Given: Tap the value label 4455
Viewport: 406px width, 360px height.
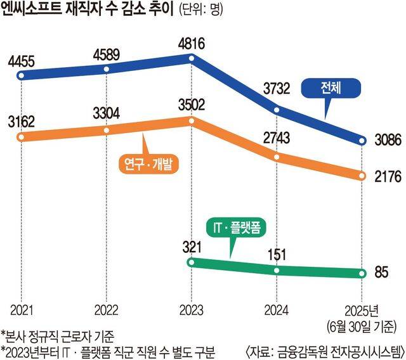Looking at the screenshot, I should tap(22, 62).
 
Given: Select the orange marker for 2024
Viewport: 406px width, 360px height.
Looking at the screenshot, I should tap(277, 157).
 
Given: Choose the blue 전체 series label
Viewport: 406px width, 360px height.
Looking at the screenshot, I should tap(331, 89).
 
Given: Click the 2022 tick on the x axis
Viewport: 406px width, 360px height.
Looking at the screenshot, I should tap(107, 310).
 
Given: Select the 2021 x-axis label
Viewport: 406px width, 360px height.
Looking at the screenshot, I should tap(22, 310).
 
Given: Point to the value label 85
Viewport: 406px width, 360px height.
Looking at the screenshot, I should tap(381, 274).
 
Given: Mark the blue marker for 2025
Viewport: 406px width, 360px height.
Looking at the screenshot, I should tap(362, 140).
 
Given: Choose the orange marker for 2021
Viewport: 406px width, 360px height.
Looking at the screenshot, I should tap(22, 138).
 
